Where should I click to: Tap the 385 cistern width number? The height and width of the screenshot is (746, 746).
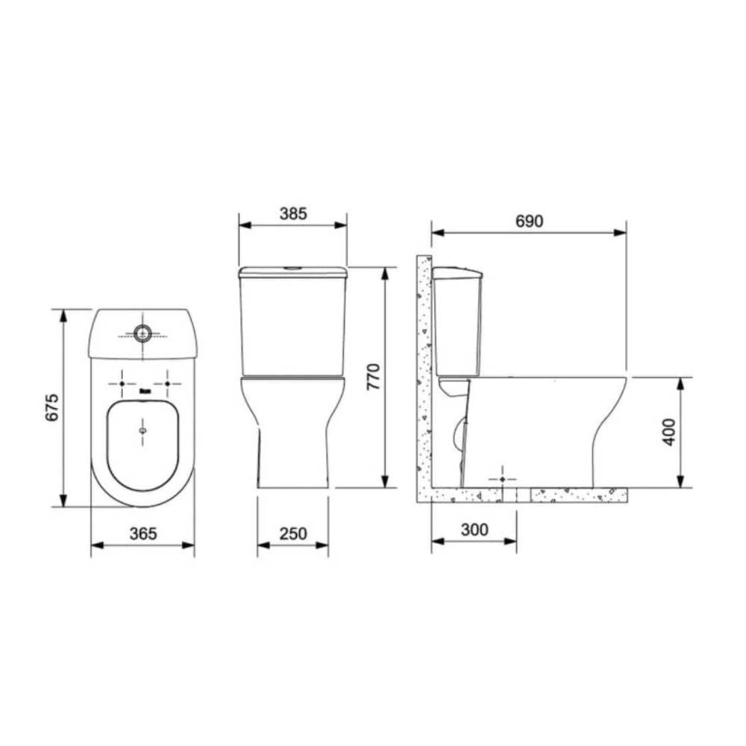coord(293,213)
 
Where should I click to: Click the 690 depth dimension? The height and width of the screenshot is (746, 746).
coord(530,221)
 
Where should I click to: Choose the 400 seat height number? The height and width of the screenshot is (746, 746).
coord(668,431)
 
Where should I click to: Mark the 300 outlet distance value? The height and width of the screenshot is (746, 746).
coord(474,529)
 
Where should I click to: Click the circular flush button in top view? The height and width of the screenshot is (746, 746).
coord(142,333)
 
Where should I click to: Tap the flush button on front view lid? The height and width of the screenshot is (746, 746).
coord(293,267)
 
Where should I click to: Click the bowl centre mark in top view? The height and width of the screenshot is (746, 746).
coord(142,430)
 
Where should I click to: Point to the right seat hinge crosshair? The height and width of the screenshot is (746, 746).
coord(167,383)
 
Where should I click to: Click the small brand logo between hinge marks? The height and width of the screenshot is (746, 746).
coord(144,389)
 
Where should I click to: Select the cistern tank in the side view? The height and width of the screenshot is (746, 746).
coord(457,321)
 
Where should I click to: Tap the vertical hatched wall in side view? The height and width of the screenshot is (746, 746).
coord(424,373)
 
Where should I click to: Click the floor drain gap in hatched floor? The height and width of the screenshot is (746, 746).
coord(521,495)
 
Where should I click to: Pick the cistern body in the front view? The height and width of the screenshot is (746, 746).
coord(293,325)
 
